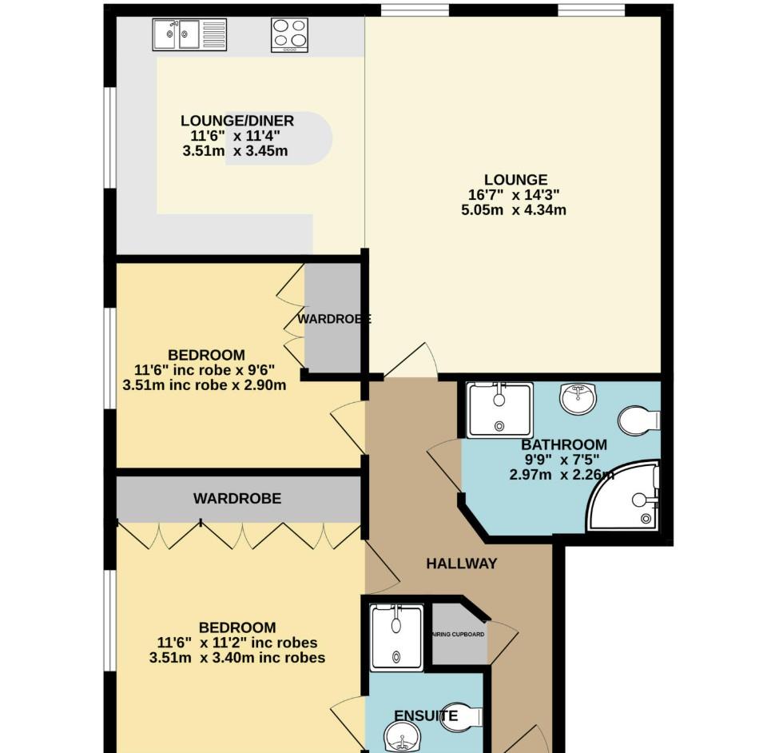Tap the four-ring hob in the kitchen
pos(289,34)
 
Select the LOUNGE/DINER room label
pos(237,122)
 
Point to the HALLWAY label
pos(461,564)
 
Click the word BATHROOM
pos(563,445)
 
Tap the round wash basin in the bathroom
pos(579,397)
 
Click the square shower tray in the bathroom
pos(499,410)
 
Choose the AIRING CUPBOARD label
pos(459,634)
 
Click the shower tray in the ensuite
pos(397,636)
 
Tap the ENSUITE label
pos(426,715)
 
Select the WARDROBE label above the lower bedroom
pos(237,499)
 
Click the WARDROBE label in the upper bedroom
pos(334,319)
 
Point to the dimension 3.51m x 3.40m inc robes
pos(237,658)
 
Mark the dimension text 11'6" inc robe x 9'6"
pos(205,370)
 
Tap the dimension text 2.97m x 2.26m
pos(562,475)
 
